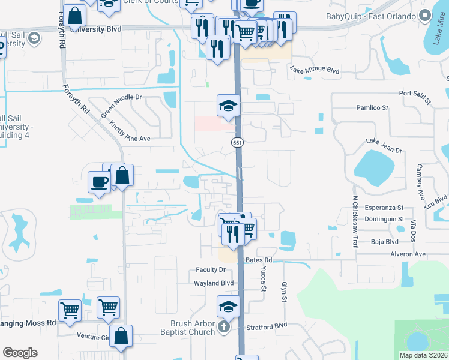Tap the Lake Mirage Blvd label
[x=315, y=70]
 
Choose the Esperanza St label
[x=384, y=208]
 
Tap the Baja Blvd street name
[x=385, y=242]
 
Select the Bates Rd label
[x=259, y=260]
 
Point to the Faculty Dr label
[x=210, y=270]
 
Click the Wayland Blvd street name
[x=213, y=283]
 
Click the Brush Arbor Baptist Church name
[x=188, y=328]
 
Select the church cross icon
[x=223, y=328]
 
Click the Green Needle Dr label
[x=120, y=106]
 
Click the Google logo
[x=20, y=353]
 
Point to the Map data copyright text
[x=423, y=355]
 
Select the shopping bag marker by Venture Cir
[x=121, y=338]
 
